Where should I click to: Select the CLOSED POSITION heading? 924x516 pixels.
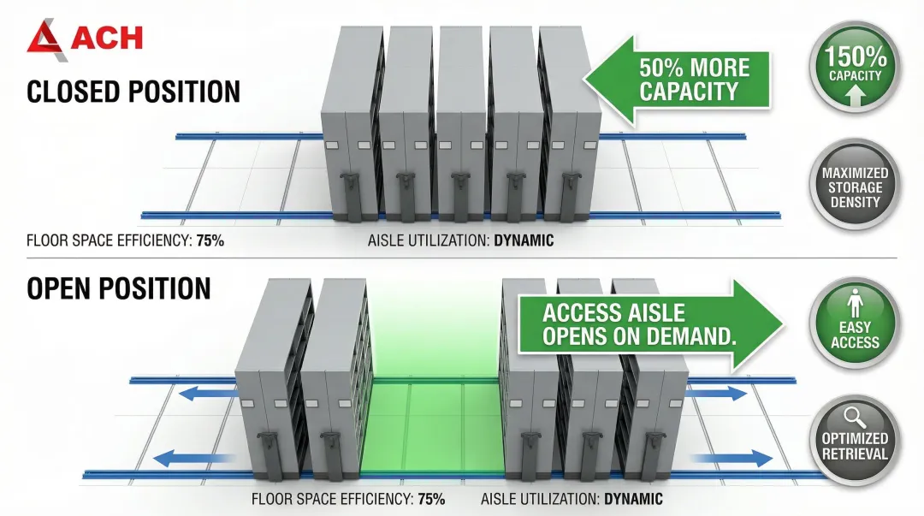(133, 92)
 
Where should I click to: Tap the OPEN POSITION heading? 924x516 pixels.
(119, 288)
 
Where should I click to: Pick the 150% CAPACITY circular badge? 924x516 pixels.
(855, 68)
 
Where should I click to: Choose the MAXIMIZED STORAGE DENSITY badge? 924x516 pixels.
(855, 187)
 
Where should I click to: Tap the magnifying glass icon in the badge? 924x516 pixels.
(854, 418)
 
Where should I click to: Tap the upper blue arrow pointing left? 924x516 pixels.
(205, 391)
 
